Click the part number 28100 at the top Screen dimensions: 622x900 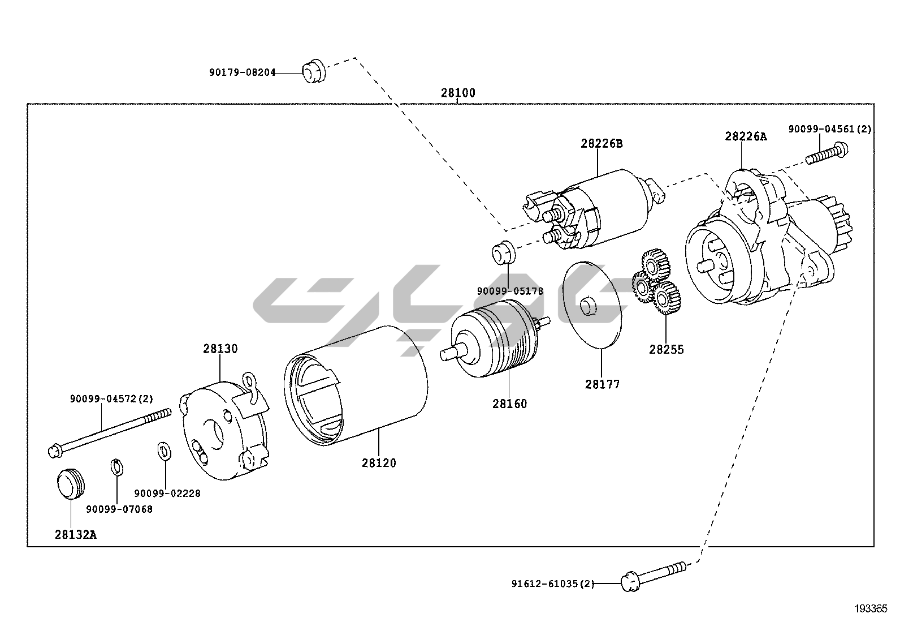pyautogui.click(x=458, y=93)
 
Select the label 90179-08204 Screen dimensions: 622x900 pyautogui.click(x=242, y=72)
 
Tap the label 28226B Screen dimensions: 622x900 pyautogui.click(x=601, y=144)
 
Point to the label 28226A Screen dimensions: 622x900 pyautogui.click(x=746, y=136)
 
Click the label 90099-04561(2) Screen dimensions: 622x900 pyautogui.click(x=829, y=130)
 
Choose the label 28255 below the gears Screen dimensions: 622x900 pyautogui.click(x=666, y=349)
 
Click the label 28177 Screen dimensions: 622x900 pyautogui.click(x=602, y=384)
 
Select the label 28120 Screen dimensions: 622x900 pyautogui.click(x=379, y=463)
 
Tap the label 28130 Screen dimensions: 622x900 pyautogui.click(x=220, y=349)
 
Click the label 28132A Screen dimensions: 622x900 pyautogui.click(x=76, y=534)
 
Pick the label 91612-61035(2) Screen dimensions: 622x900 pyautogui.click(x=552, y=584)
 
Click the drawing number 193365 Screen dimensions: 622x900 pyautogui.click(x=871, y=608)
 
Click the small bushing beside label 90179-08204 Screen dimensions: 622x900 pyautogui.click(x=314, y=70)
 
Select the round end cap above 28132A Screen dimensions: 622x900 pyautogui.click(x=70, y=483)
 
